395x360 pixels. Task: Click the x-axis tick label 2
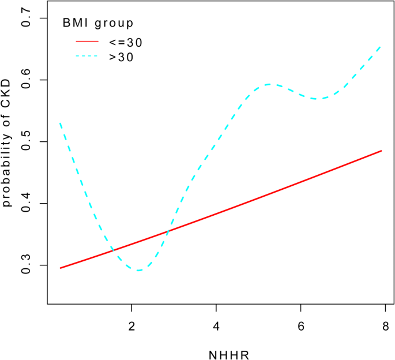click(x=131, y=325)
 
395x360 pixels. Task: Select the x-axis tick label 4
click(x=216, y=325)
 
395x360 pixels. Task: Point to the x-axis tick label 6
click(x=300, y=325)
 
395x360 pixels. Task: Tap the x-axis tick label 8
click(x=385, y=325)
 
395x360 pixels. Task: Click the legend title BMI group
click(x=98, y=24)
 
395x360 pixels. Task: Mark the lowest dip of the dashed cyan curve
click(x=138, y=270)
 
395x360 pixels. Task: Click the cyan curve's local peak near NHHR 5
click(x=271, y=84)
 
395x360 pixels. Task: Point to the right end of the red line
click(x=382, y=151)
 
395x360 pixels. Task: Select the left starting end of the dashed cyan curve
click(x=60, y=123)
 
